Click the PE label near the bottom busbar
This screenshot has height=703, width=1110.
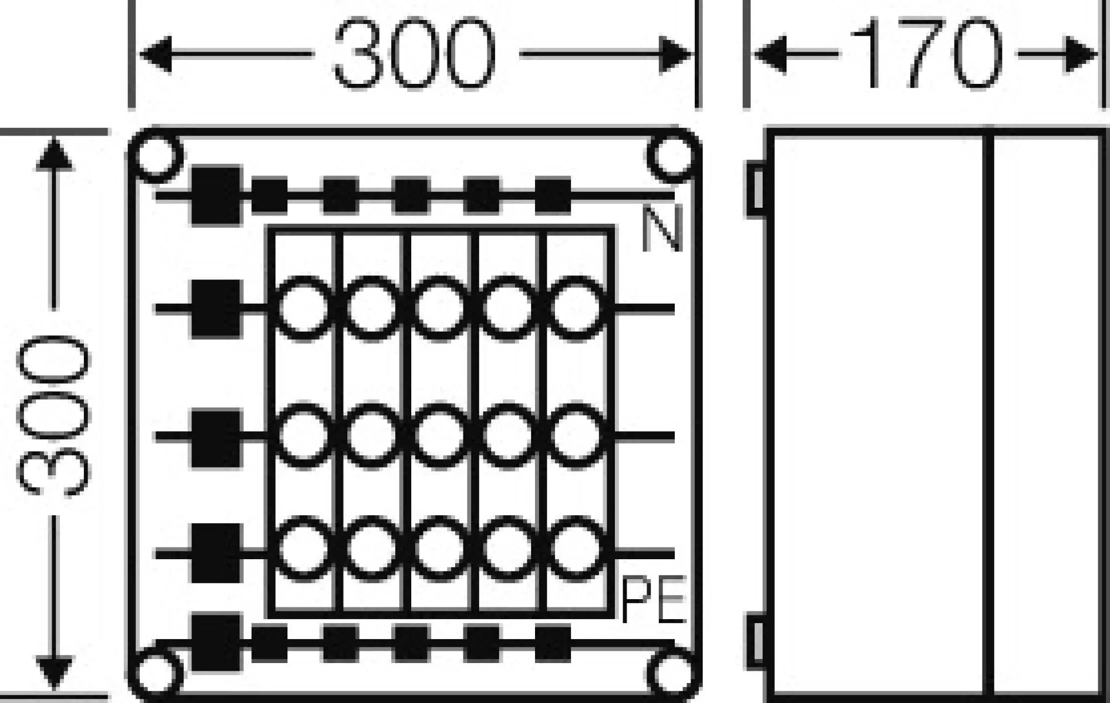pos(653,601)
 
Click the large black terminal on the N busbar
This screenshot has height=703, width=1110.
pos(216,195)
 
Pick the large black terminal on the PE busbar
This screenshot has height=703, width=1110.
pos(216,643)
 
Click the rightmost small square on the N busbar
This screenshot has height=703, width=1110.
pos(553,195)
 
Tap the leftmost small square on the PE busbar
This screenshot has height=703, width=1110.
pos(270,643)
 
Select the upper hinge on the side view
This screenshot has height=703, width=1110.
pos(756,189)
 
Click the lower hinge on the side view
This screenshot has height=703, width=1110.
pos(756,643)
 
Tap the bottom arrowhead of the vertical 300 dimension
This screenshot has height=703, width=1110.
pos(54,674)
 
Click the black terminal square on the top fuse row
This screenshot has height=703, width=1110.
pos(216,309)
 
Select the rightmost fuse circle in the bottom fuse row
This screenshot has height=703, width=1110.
pos(576,549)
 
